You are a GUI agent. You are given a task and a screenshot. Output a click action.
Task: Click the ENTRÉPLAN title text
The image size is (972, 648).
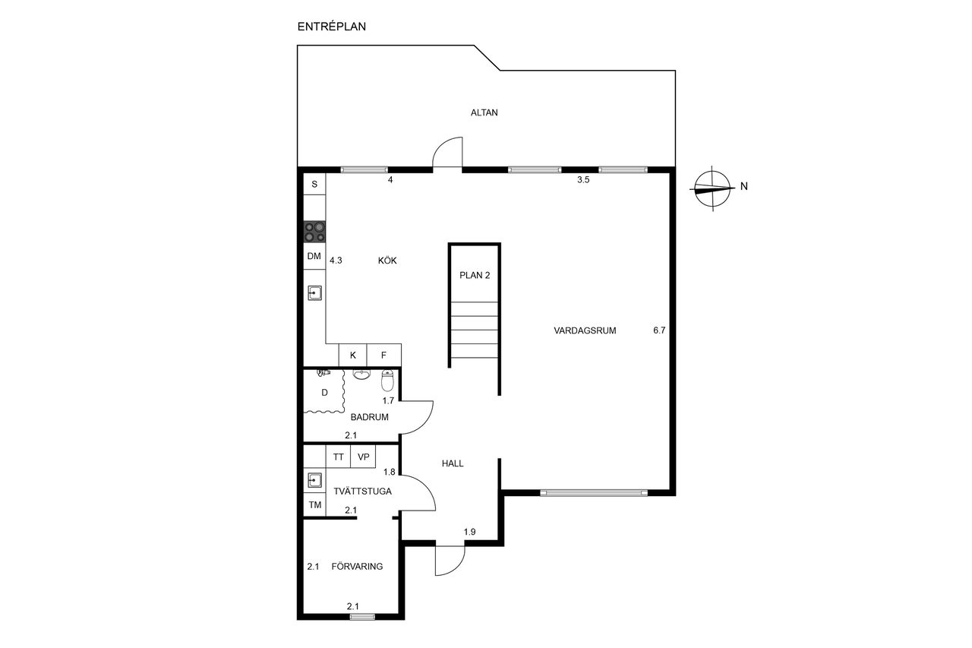coord(332,27)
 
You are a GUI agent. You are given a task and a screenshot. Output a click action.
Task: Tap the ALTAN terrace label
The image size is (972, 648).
coord(484,112)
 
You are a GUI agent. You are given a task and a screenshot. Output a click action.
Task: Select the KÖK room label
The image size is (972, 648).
coord(387,261)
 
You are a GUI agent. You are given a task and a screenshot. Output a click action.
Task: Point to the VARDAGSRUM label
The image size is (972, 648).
coord(585,330)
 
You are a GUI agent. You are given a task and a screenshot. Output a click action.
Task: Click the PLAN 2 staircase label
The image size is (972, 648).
coord(475,275)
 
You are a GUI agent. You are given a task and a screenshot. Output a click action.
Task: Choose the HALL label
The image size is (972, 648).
coord(453,463)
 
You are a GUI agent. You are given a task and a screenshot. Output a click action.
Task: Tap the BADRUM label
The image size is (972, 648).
coord(369,417)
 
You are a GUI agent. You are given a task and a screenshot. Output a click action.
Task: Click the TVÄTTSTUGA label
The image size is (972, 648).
coord(362,492)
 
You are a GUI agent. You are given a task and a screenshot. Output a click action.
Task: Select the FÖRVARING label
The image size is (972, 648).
coord(357,567)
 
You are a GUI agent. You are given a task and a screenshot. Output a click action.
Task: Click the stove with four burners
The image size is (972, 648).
coord(314,232)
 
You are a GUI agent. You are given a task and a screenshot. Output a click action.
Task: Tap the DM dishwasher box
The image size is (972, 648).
coord(314,256)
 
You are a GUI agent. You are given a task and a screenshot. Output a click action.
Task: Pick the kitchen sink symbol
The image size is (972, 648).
coord(314,293)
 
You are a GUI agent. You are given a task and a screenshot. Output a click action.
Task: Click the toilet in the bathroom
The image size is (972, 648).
coord(387,381)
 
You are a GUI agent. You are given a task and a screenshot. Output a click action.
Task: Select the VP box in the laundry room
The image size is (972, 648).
coord(363,457)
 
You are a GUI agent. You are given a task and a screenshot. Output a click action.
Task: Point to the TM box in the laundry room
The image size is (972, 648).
coord(314,504)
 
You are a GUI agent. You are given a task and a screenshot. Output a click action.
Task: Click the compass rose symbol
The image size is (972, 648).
coord(712,188)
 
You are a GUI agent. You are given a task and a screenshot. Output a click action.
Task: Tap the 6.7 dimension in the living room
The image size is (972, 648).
coord(659,330)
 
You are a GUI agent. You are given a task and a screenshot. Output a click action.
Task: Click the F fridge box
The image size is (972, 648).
coord(383,355)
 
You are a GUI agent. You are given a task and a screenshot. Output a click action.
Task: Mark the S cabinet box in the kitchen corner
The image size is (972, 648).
coord(314,184)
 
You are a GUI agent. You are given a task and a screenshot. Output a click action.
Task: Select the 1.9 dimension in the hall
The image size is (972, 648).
coord(469,532)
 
